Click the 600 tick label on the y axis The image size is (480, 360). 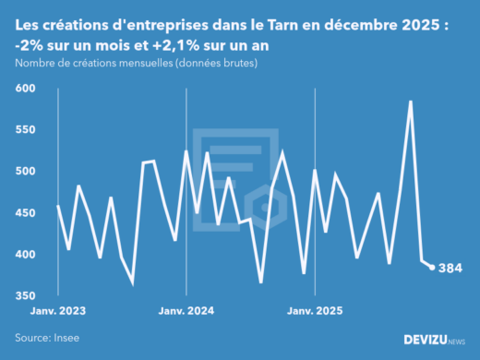click(x=25, y=88)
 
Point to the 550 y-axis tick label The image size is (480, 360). click(x=25, y=129)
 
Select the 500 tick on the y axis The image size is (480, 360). click(x=25, y=171)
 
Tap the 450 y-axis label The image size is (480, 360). click(x=25, y=212)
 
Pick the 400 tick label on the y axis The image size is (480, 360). click(x=25, y=254)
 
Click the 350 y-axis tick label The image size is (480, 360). click(x=25, y=295)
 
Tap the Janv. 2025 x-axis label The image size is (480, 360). click(x=315, y=311)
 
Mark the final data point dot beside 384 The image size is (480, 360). click(x=432, y=267)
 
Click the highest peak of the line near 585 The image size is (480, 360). click(x=410, y=102)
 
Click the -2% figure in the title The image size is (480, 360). click(x=30, y=45)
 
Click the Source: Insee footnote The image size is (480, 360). click(x=45, y=338)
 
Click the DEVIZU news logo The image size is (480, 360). click(x=433, y=340)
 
